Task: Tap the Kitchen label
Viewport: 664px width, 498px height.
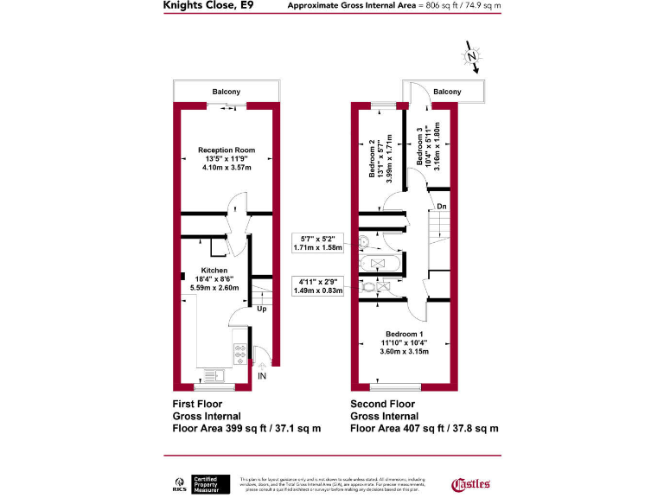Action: pos(214,270)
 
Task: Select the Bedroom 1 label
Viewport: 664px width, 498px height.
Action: pos(405,334)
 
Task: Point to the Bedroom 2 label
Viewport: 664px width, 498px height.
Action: pos(373,159)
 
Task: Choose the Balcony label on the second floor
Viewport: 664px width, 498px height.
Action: pos(447,92)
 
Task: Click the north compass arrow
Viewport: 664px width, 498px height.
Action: pos(472,59)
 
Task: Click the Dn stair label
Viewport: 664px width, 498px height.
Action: pos(441,207)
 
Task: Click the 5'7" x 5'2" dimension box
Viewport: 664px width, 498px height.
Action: pos(318,242)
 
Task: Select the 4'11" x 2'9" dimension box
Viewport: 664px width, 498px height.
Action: pos(318,285)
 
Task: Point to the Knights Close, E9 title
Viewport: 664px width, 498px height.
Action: pos(208,5)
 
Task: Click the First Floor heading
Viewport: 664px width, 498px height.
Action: pos(198,404)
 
